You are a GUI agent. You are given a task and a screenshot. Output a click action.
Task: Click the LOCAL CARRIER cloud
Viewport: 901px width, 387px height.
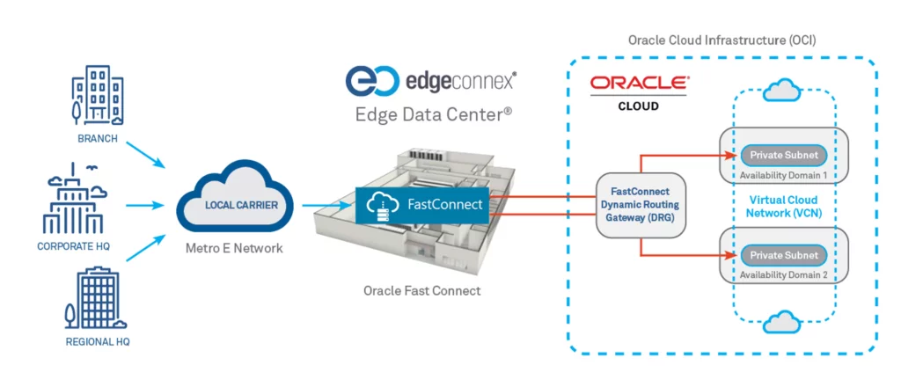coord(234,204)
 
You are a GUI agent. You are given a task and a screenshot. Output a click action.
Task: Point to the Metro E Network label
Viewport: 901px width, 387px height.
coord(234,249)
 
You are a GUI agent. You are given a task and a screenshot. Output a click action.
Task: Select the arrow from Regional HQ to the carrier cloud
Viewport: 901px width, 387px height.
coord(145,248)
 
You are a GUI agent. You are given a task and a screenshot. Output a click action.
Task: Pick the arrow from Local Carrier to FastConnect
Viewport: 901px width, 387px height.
coord(325,204)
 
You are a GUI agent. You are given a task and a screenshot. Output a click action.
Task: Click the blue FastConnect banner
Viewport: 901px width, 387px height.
coord(421,205)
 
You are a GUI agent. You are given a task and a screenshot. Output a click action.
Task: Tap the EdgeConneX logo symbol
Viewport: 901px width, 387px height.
coord(371,80)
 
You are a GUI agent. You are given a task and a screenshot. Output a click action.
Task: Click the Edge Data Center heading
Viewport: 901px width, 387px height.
coord(434,115)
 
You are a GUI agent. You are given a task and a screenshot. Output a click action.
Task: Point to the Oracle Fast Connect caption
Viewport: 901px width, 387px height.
coord(421,291)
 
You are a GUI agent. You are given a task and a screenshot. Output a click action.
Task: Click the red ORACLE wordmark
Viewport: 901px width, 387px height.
coord(639,83)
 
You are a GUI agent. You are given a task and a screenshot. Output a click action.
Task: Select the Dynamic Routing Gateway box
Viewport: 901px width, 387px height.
coord(641,204)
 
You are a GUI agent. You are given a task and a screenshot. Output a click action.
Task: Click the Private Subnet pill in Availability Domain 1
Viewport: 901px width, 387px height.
coord(783,155)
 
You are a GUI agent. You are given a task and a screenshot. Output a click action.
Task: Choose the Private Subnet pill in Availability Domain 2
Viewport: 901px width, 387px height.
coord(783,255)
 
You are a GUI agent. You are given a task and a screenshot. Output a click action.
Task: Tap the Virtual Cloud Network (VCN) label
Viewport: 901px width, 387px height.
coord(783,205)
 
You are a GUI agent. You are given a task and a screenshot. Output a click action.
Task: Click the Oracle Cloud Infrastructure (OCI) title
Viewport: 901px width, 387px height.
coord(722,40)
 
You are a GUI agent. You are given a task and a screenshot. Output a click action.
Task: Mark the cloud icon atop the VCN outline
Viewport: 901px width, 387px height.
coord(783,90)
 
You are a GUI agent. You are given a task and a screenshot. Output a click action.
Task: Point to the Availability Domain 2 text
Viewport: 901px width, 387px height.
coord(784,275)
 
